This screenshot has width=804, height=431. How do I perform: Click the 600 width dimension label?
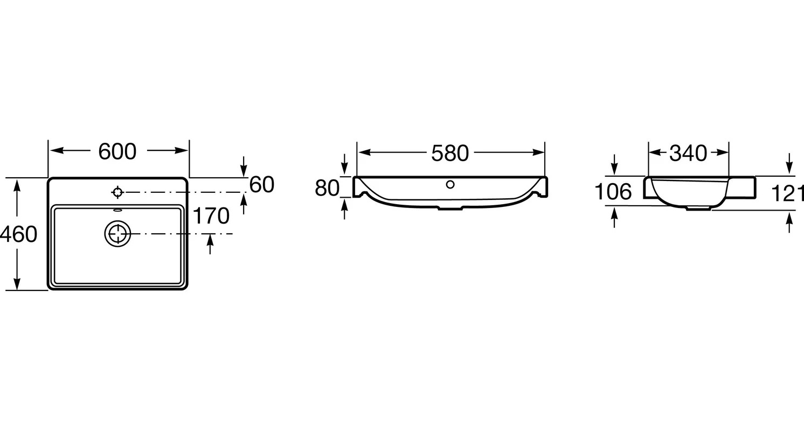pyautogui.click(x=117, y=151)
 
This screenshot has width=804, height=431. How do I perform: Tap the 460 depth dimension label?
pyautogui.click(x=18, y=234)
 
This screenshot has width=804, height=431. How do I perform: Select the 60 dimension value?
pyautogui.click(x=262, y=184)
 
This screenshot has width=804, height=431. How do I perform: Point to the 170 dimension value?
pyautogui.click(x=211, y=215)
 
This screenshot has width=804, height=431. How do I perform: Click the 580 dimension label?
pyautogui.click(x=450, y=153)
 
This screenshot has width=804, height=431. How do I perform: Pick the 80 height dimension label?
pyautogui.click(x=327, y=188)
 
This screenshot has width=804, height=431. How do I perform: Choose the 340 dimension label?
pyautogui.click(x=688, y=153)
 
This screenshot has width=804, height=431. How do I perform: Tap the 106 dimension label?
pyautogui.click(x=613, y=192)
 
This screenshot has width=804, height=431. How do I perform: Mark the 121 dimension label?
pyautogui.click(x=787, y=194)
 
